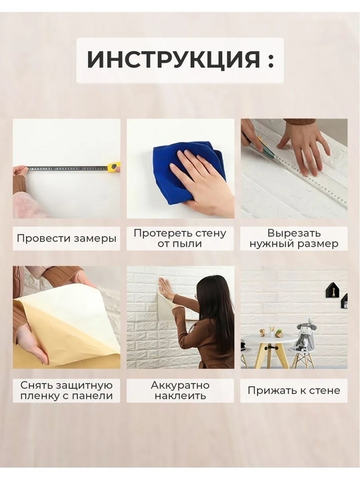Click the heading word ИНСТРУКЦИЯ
[173, 60]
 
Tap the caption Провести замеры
[66, 239]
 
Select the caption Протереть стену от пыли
[180, 238]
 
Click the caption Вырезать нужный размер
[294, 238]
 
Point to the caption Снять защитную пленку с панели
[66, 391]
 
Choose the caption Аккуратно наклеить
[180, 391]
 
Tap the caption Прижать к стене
[294, 390]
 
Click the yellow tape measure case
[113, 166]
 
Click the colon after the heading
[271, 60]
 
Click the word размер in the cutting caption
[320, 244]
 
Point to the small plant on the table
[279, 333]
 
